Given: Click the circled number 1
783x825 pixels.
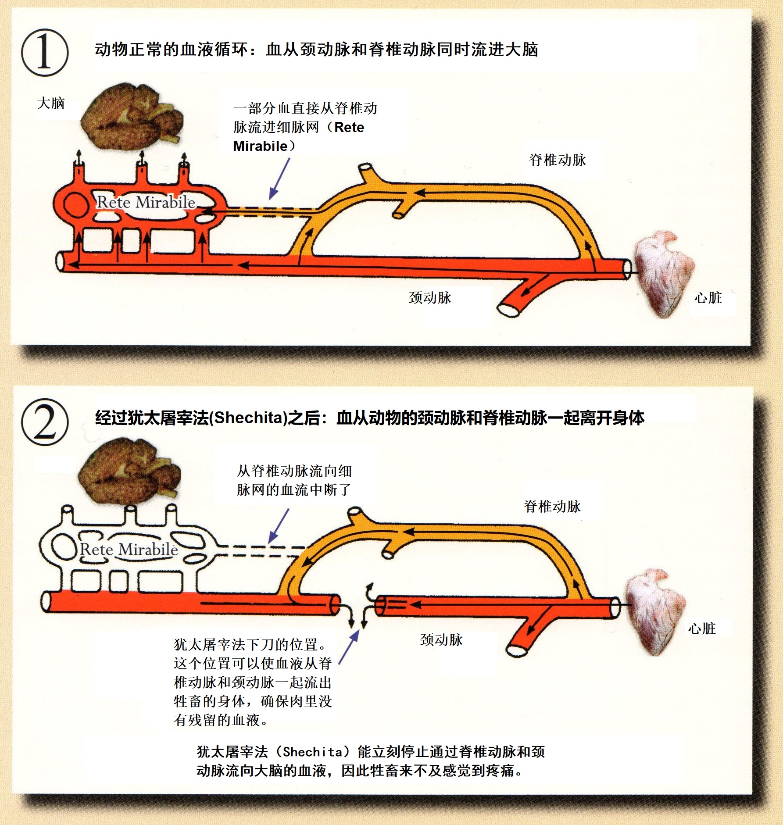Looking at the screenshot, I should point(45,53).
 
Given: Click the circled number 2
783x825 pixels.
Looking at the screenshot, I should point(45,422).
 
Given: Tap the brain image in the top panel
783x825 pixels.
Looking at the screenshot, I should point(132,116).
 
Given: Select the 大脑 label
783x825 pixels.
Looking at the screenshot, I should point(51,104).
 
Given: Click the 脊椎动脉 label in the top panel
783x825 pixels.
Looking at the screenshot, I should point(557,160).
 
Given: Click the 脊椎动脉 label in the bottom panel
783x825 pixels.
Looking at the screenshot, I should point(552,507).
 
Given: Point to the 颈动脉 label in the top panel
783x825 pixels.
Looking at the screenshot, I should point(430,298).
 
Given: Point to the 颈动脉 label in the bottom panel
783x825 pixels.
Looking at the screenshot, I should point(441,640).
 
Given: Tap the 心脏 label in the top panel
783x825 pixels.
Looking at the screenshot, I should point(708,298).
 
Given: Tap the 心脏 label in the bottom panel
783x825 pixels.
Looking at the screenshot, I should point(702,629).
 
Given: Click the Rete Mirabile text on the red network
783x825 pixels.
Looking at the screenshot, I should point(146,202).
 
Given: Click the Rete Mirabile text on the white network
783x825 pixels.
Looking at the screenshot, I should point(129,549).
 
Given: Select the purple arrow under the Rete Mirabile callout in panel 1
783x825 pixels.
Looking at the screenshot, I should point(279,179).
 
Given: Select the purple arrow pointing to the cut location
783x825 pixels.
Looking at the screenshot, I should point(349,647).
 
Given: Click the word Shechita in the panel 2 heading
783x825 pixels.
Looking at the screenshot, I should point(248,418).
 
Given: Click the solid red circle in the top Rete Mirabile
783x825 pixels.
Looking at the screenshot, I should point(75,204).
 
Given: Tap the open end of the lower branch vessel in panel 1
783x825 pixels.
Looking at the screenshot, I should point(508,310).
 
